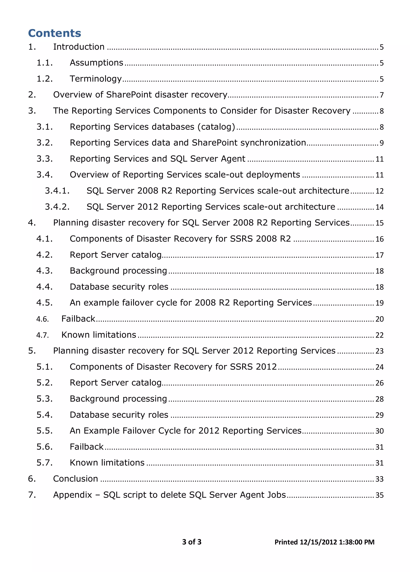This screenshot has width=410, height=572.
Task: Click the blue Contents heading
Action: point(54,33)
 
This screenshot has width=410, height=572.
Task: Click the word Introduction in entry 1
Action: point(79,47)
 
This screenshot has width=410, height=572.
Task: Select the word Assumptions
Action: point(96,63)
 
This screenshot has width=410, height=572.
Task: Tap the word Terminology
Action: point(96,79)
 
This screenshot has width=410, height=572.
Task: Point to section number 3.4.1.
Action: point(57,191)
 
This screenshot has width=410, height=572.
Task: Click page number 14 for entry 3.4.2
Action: point(379,207)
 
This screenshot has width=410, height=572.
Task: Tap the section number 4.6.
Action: point(42,319)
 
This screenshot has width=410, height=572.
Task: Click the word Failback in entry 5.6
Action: point(86,447)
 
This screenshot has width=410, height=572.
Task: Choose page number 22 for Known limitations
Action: point(379,335)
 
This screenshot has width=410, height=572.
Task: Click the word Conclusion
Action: point(75,479)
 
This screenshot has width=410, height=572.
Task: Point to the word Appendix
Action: point(72,495)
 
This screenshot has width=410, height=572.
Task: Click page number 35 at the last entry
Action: point(379,495)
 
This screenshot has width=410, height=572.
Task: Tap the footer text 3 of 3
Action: point(192,542)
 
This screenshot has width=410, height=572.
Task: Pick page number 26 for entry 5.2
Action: point(379,383)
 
